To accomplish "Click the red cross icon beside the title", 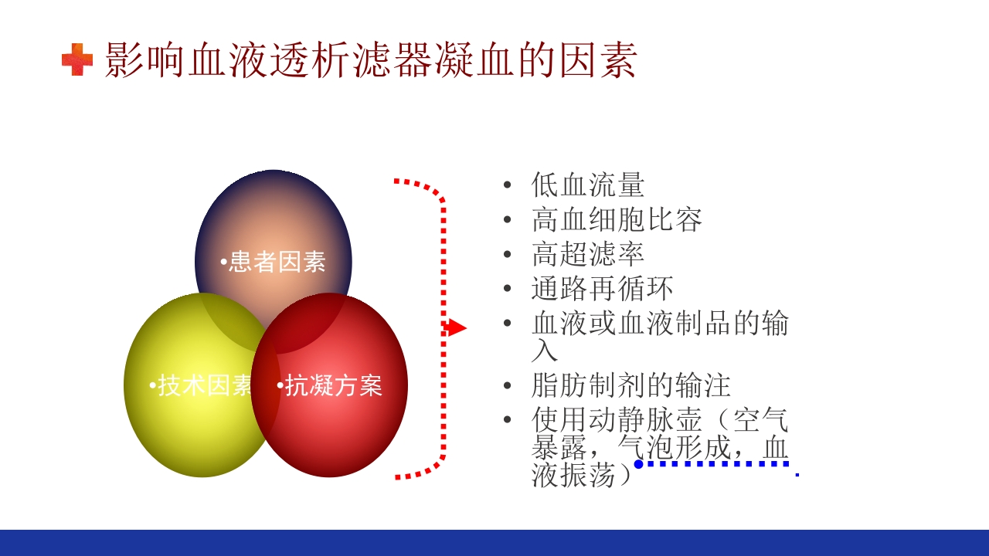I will click(76, 60).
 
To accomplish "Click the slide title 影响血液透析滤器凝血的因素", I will click(370, 60).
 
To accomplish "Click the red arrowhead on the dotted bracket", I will click(457, 328).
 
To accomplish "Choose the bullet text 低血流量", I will click(587, 185).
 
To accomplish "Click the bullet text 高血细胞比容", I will click(617, 220).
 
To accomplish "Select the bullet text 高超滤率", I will click(587, 254).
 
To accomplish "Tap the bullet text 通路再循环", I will click(602, 289).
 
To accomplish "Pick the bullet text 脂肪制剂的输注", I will click(630, 385).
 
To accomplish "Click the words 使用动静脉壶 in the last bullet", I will click(617, 419).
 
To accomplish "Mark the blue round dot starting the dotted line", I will click(639, 464).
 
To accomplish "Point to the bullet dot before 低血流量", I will click(507, 185).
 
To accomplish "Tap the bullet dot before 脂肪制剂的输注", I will click(507, 385).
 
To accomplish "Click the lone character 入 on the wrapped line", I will click(544, 351).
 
